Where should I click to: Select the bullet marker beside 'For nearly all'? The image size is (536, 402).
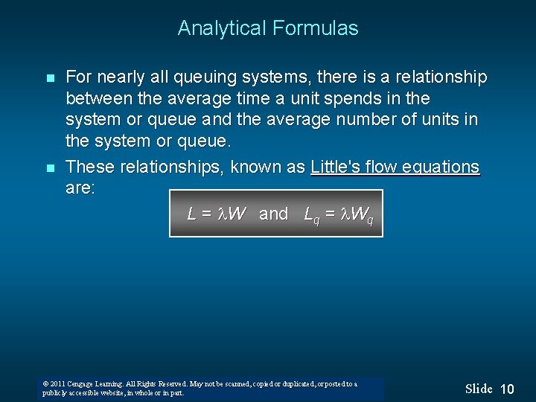click(50, 78)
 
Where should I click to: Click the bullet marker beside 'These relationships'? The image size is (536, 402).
click(50, 168)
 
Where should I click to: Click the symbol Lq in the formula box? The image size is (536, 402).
click(312, 215)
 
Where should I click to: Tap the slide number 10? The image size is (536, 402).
click(507, 389)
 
